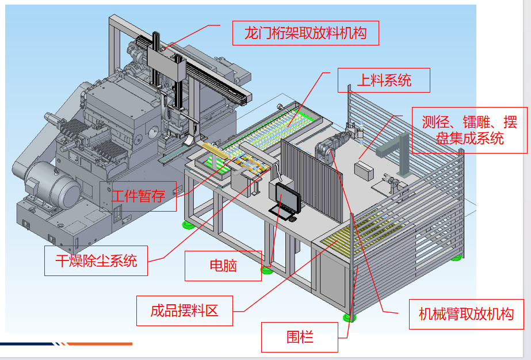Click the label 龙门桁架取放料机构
(x=305, y=33)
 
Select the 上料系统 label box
(x=384, y=81)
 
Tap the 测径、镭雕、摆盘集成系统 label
(x=469, y=130)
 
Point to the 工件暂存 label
(x=138, y=196)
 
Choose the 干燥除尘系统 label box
(x=96, y=261)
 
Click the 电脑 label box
(x=223, y=266)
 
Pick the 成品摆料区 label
(x=184, y=311)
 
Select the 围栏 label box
(x=300, y=336)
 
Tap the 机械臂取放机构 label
(x=466, y=314)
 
